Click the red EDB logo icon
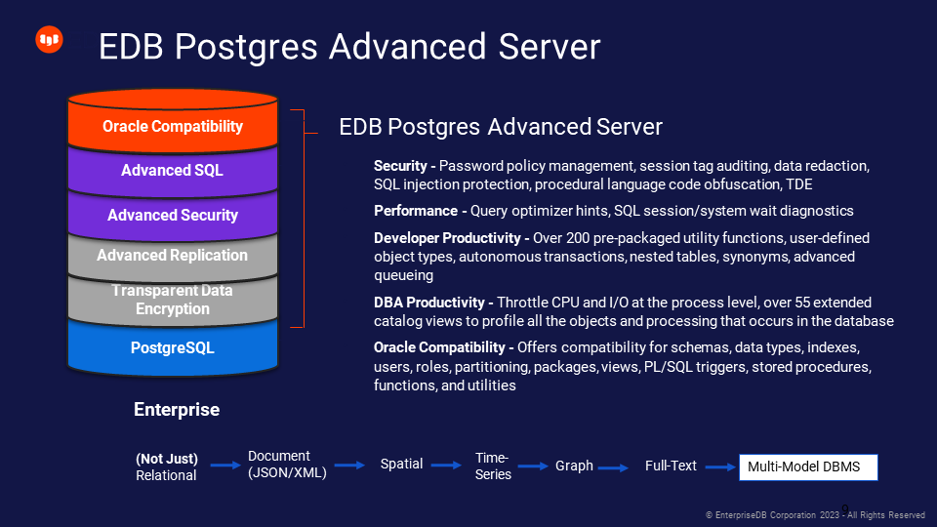tap(49, 40)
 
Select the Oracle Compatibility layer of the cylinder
tap(173, 127)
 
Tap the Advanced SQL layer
tap(173, 170)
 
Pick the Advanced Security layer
tap(173, 215)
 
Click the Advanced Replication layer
tap(173, 256)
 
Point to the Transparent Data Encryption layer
tap(173, 300)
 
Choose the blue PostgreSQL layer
tap(173, 347)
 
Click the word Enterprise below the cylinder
tap(177, 410)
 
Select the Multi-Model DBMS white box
tap(808, 466)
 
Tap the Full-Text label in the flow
tap(671, 466)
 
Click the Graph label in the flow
tap(574, 466)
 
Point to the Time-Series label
tap(493, 466)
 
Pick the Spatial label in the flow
tap(402, 464)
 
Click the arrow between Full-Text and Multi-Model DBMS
tap(720, 467)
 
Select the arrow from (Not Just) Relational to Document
tap(224, 466)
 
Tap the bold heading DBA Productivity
tap(428, 303)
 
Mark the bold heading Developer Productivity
tap(450, 238)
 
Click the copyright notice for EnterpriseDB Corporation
tap(815, 514)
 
